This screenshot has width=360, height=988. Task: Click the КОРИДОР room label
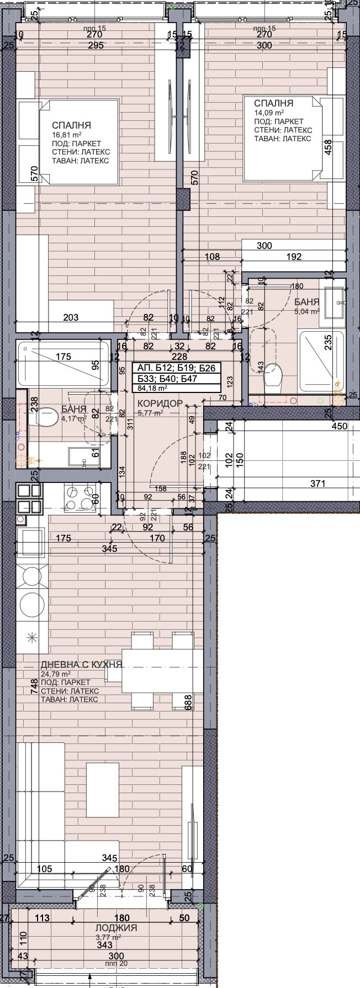(x=159, y=403)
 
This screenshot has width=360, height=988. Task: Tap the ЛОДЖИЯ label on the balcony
(x=115, y=928)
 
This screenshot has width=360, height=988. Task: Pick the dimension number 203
(x=71, y=317)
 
